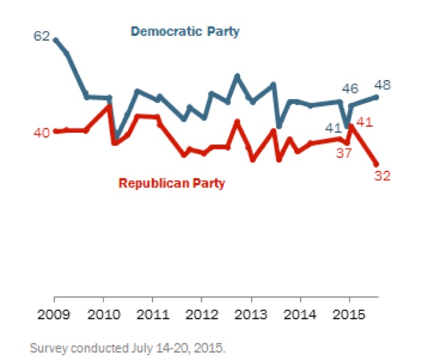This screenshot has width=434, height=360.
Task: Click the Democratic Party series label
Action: (x=185, y=31)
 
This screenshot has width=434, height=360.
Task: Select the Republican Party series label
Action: (x=172, y=182)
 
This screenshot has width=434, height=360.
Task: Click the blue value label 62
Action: (x=42, y=37)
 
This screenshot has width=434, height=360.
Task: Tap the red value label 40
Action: (x=41, y=132)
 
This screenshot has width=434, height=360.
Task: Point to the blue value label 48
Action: (x=391, y=86)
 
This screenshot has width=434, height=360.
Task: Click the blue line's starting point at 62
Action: (x=55, y=40)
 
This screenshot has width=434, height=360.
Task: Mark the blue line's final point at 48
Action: (x=377, y=97)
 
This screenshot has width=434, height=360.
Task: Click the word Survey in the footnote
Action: (x=47, y=348)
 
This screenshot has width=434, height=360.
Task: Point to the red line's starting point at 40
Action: (x=55, y=132)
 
